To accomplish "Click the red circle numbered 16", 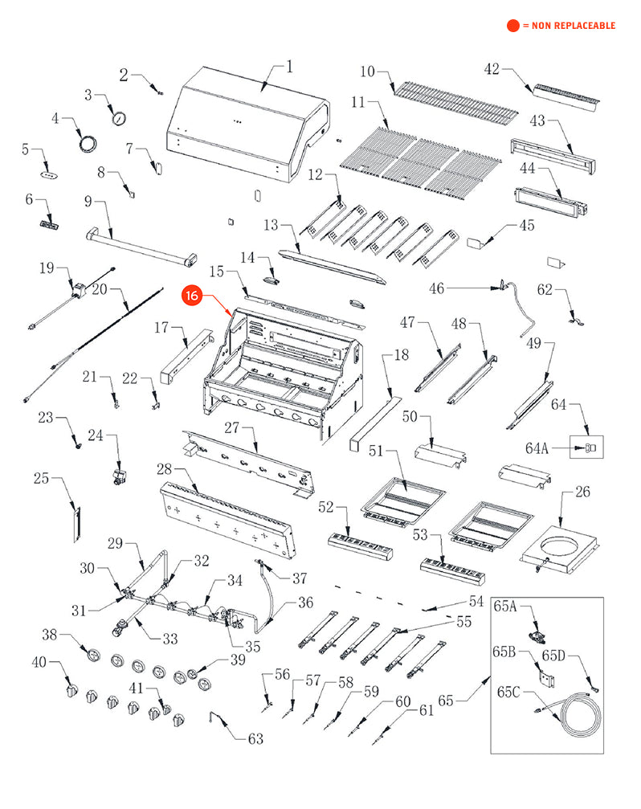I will pyautogui.click(x=192, y=296).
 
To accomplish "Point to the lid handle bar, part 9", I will pyautogui.click(x=141, y=244).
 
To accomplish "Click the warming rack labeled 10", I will pyautogui.click(x=455, y=102).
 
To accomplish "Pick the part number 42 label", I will pyautogui.click(x=492, y=69).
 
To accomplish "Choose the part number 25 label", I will pyautogui.click(x=42, y=479).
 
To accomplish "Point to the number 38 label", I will pyautogui.click(x=50, y=635).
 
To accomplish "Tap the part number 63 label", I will pyautogui.click(x=255, y=739).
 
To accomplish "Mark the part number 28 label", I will pyautogui.click(x=165, y=468).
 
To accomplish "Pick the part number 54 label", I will pyautogui.click(x=476, y=601).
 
